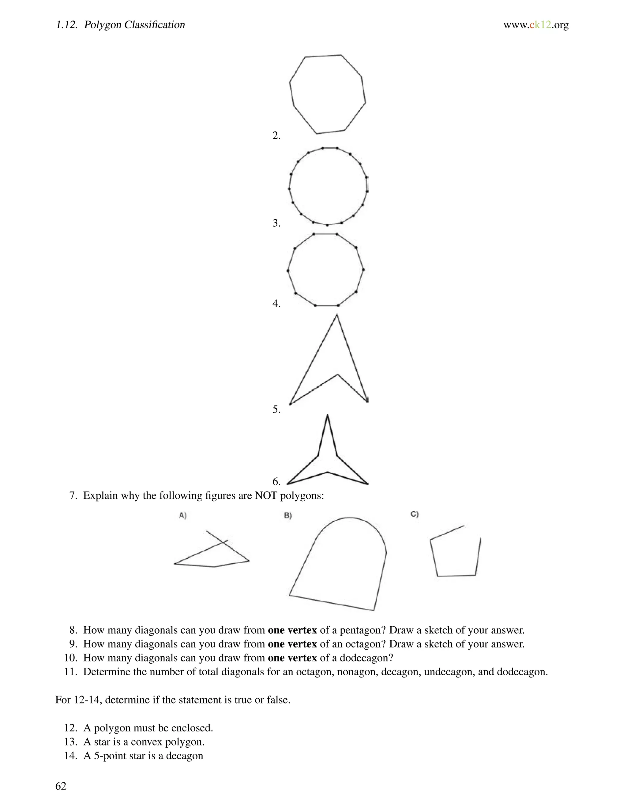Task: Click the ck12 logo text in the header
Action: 536,25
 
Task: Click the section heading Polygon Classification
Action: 134,25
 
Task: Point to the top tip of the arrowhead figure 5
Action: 336,315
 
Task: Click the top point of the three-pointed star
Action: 327,415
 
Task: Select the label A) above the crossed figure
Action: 183,515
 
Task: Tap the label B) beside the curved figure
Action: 288,516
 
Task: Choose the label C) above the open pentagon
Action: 415,514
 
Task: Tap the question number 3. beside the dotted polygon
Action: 276,223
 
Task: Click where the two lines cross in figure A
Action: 223,542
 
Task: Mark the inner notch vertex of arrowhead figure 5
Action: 337,374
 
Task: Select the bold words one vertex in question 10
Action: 292,658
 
